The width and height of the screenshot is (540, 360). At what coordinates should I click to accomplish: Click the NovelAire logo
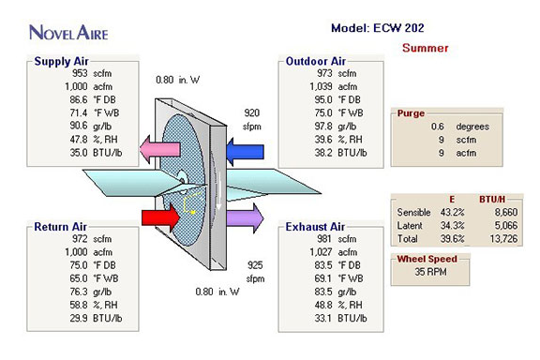point(68,33)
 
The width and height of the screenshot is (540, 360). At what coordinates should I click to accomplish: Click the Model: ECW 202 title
point(378,28)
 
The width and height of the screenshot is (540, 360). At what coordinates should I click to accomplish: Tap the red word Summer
point(426,48)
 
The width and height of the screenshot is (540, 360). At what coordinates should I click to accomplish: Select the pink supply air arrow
point(159,149)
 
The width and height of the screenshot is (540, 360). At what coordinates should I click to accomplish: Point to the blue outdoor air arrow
point(245,152)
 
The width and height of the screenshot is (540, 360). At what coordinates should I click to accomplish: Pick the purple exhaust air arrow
point(246,218)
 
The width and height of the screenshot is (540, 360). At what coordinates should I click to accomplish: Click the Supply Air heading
point(61,61)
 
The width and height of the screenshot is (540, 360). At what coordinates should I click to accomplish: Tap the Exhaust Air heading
point(315,227)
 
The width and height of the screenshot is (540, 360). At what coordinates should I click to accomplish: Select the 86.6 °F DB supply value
point(93,99)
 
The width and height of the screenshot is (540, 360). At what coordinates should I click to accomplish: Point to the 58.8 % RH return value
point(94,305)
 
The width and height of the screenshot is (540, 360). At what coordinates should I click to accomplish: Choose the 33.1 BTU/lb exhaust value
point(340,318)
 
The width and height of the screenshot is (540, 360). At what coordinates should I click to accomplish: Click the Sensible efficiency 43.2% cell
point(452,212)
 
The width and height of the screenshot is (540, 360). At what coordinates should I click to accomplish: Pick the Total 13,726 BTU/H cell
point(503,238)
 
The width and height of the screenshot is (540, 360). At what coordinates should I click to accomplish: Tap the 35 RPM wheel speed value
point(430,272)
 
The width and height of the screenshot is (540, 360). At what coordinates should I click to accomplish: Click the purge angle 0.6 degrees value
point(459,127)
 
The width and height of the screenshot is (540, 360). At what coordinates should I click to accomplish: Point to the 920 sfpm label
point(252,120)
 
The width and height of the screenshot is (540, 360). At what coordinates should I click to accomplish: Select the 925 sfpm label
point(255,272)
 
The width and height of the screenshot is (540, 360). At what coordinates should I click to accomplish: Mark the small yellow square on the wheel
point(193,212)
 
